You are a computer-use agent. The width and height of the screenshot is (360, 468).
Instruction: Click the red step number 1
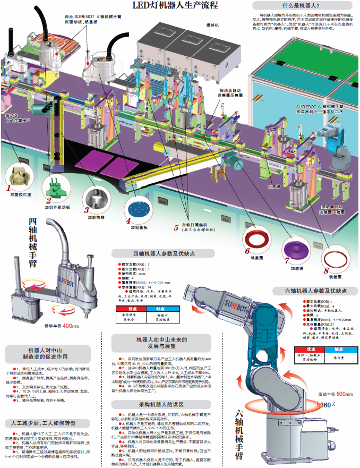point(8,188)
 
